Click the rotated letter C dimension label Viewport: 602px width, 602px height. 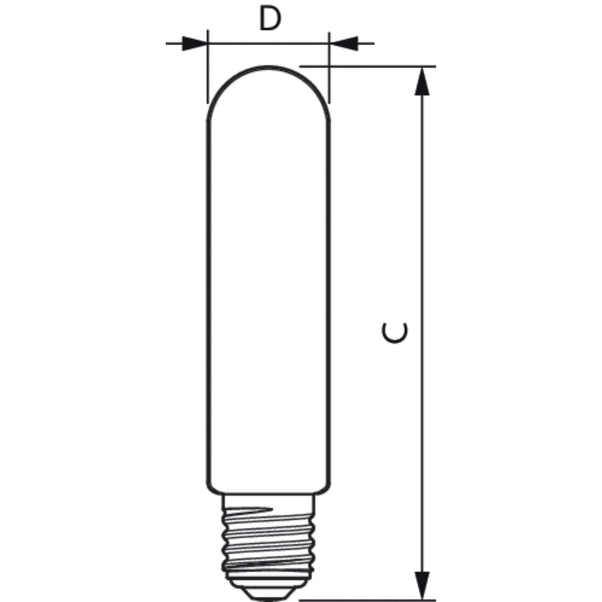coord(394,332)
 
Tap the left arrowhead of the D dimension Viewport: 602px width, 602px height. coord(195,44)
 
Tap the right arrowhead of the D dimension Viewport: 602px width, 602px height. coord(343,44)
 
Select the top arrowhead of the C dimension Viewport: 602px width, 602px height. coord(422,81)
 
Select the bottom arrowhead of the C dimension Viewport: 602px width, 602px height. coord(422,585)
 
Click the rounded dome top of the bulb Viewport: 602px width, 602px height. coord(269,67)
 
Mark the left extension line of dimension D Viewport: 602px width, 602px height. coord(208,66)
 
